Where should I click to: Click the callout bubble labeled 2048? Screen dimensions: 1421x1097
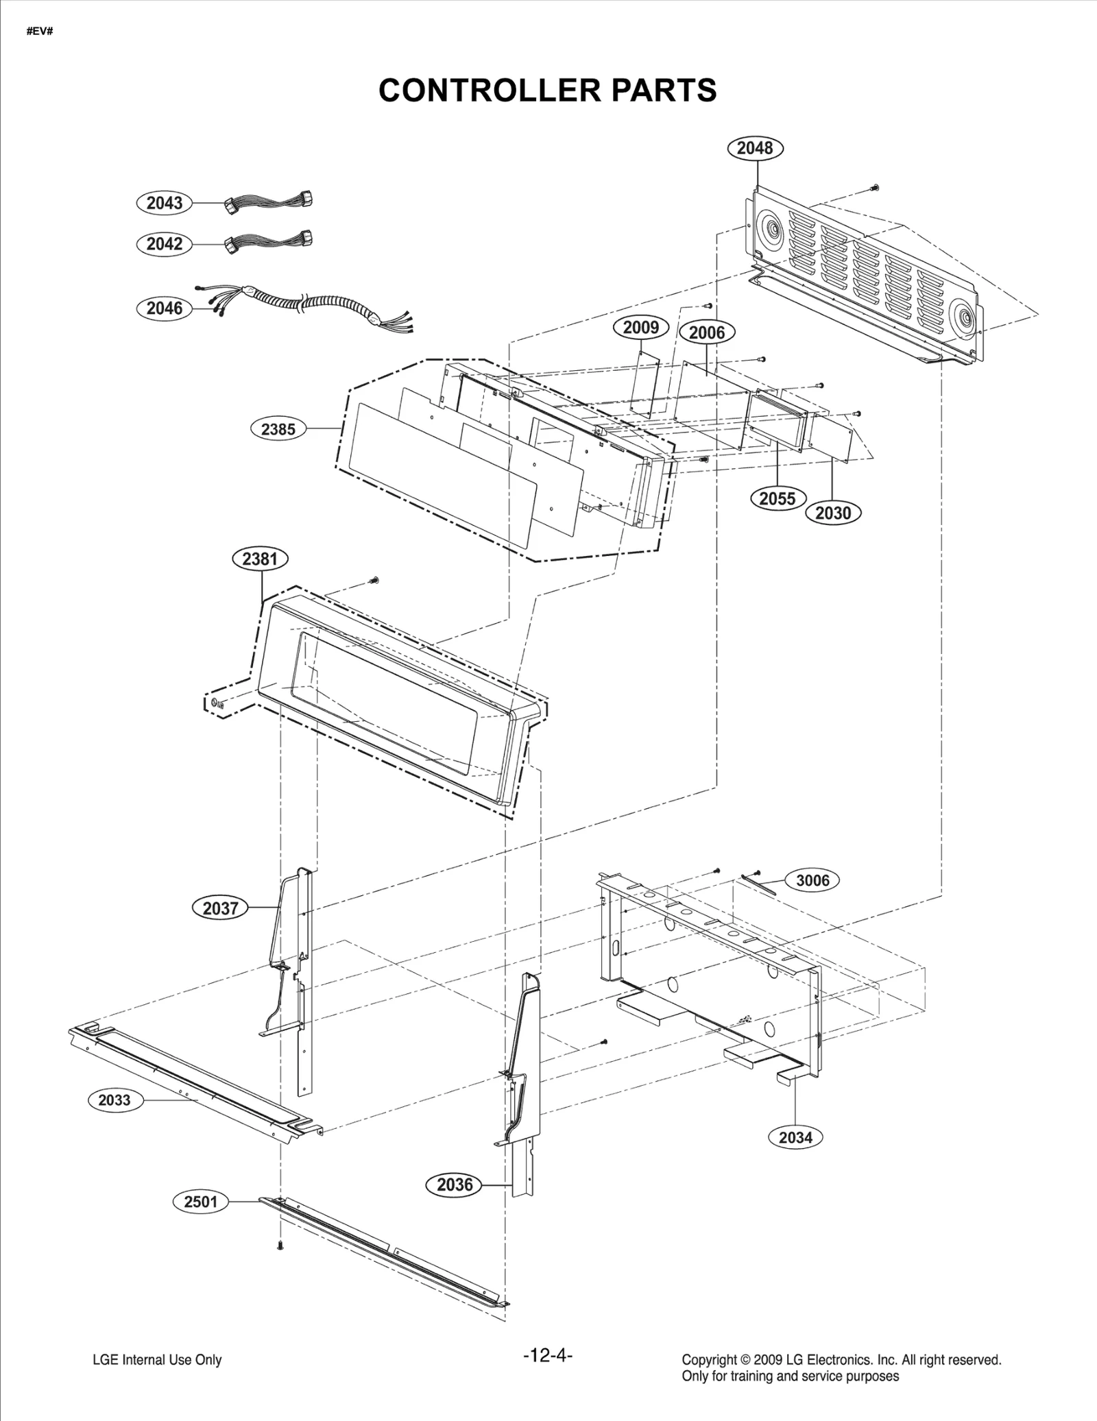click(x=754, y=148)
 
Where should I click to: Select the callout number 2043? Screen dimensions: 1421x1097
click(x=165, y=203)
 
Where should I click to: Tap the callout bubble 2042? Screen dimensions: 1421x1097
click(x=165, y=244)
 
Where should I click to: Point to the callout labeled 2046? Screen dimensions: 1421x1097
click(x=165, y=308)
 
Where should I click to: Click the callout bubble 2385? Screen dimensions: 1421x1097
click(x=278, y=429)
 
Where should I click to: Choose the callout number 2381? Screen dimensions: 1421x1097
click(x=260, y=559)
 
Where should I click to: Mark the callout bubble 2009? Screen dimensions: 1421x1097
click(x=640, y=328)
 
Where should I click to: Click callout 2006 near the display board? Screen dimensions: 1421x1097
click(x=706, y=333)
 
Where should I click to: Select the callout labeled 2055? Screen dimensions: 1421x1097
click(x=777, y=498)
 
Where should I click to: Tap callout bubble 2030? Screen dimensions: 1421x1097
click(x=833, y=513)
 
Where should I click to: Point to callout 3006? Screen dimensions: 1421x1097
click(x=812, y=880)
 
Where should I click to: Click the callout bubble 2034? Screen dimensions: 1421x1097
click(x=795, y=1137)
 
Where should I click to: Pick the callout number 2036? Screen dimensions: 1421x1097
click(x=455, y=1185)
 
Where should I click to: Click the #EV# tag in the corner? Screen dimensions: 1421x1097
click(x=40, y=32)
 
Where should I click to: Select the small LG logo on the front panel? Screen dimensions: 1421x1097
click(x=216, y=702)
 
